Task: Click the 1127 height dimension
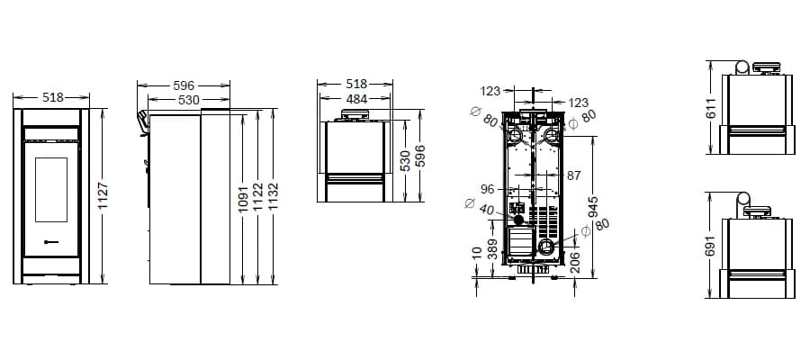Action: pos(103,195)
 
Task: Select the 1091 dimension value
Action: pos(245,199)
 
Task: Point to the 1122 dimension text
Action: pos(259,197)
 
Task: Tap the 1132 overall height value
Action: pos(273,197)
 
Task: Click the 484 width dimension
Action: pos(356,99)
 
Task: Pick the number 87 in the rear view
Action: pos(573,175)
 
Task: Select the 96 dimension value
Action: pos(488,189)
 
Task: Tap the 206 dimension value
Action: pos(575,263)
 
